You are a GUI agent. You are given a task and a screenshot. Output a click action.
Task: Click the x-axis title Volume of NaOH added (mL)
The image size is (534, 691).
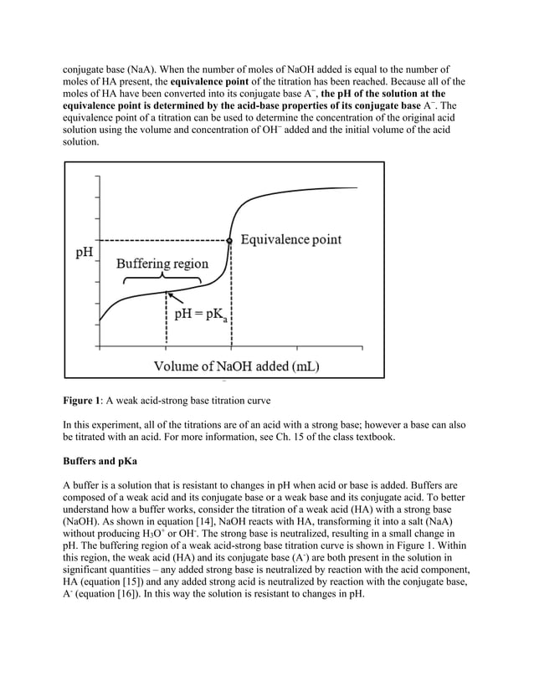click(x=236, y=366)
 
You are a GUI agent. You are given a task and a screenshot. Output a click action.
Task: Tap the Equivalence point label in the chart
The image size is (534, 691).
click(x=291, y=240)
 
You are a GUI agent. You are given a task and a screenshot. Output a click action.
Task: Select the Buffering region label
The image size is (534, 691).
click(x=162, y=264)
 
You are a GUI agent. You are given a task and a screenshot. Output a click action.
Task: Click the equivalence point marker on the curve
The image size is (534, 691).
click(x=230, y=240)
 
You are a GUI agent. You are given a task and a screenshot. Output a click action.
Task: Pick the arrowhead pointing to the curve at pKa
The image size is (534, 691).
click(x=170, y=294)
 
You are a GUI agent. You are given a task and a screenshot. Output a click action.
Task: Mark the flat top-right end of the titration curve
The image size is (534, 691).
click(x=352, y=187)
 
